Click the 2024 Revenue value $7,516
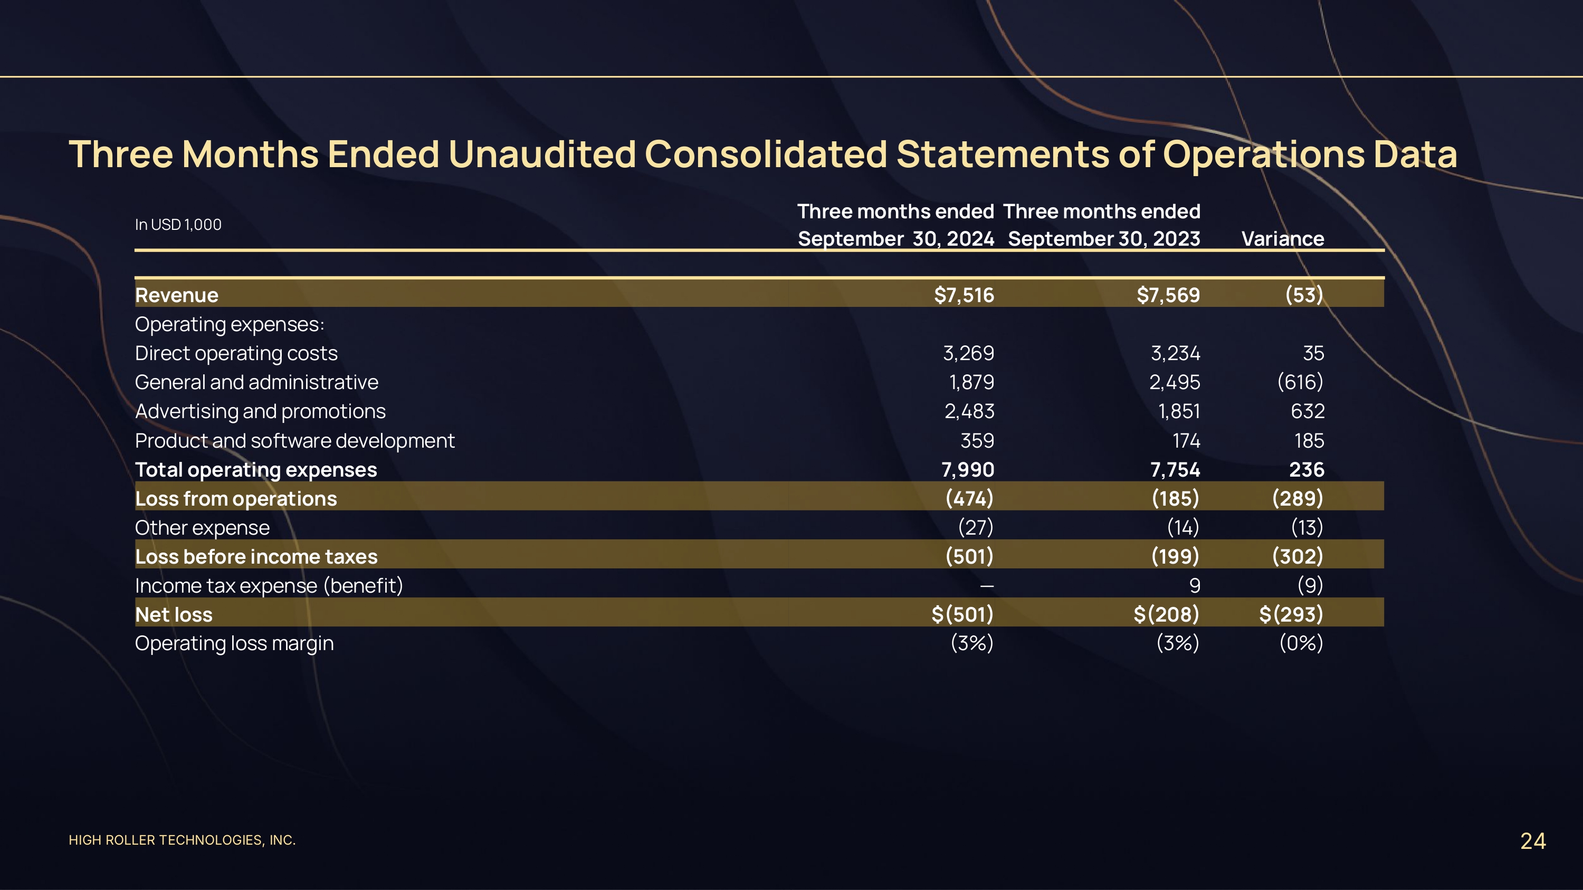pos(963,295)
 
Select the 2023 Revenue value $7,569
pos(1168,295)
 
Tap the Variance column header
pos(1283,238)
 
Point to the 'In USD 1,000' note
pos(178,225)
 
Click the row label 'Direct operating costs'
pos(236,353)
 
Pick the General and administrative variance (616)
pos(1300,382)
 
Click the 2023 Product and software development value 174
pos(1186,440)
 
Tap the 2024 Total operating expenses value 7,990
pos(967,470)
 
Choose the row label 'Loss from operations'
pos(236,499)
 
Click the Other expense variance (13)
pos(1307,528)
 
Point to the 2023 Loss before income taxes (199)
pos(1175,556)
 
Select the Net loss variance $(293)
pos(1291,614)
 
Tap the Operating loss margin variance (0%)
pos(1300,643)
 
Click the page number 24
pos(1533,841)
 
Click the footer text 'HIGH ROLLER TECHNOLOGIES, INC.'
pos(182,840)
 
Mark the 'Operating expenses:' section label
pos(229,324)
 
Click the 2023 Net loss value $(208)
pos(1166,614)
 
